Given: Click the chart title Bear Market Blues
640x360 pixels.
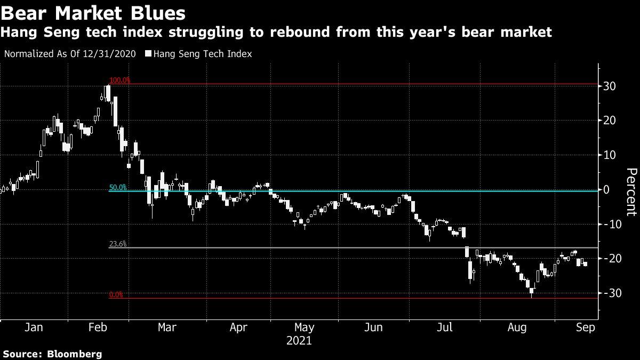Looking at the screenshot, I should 94,12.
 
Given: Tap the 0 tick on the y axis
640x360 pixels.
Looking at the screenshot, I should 614,189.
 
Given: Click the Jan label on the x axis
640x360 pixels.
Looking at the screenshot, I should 34,327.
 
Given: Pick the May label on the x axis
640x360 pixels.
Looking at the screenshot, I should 304,327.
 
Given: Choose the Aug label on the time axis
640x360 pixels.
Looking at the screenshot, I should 513,327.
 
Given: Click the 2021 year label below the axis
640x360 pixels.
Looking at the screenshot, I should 299,340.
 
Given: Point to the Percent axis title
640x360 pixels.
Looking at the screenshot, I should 631,192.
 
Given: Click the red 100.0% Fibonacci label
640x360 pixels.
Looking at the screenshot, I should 119,80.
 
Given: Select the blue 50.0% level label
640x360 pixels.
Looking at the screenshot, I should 118,187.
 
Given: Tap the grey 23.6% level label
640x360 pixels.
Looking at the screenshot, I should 118,244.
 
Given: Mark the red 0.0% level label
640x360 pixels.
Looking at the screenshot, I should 116,294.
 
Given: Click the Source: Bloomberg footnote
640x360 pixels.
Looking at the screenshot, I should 52,354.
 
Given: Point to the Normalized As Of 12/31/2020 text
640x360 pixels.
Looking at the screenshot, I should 69,54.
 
